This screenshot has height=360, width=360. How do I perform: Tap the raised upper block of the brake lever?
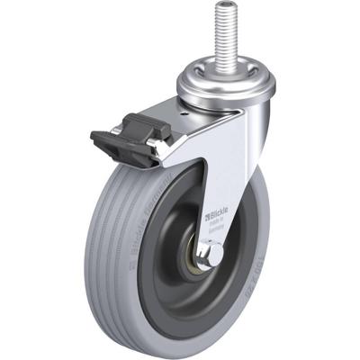144,122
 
